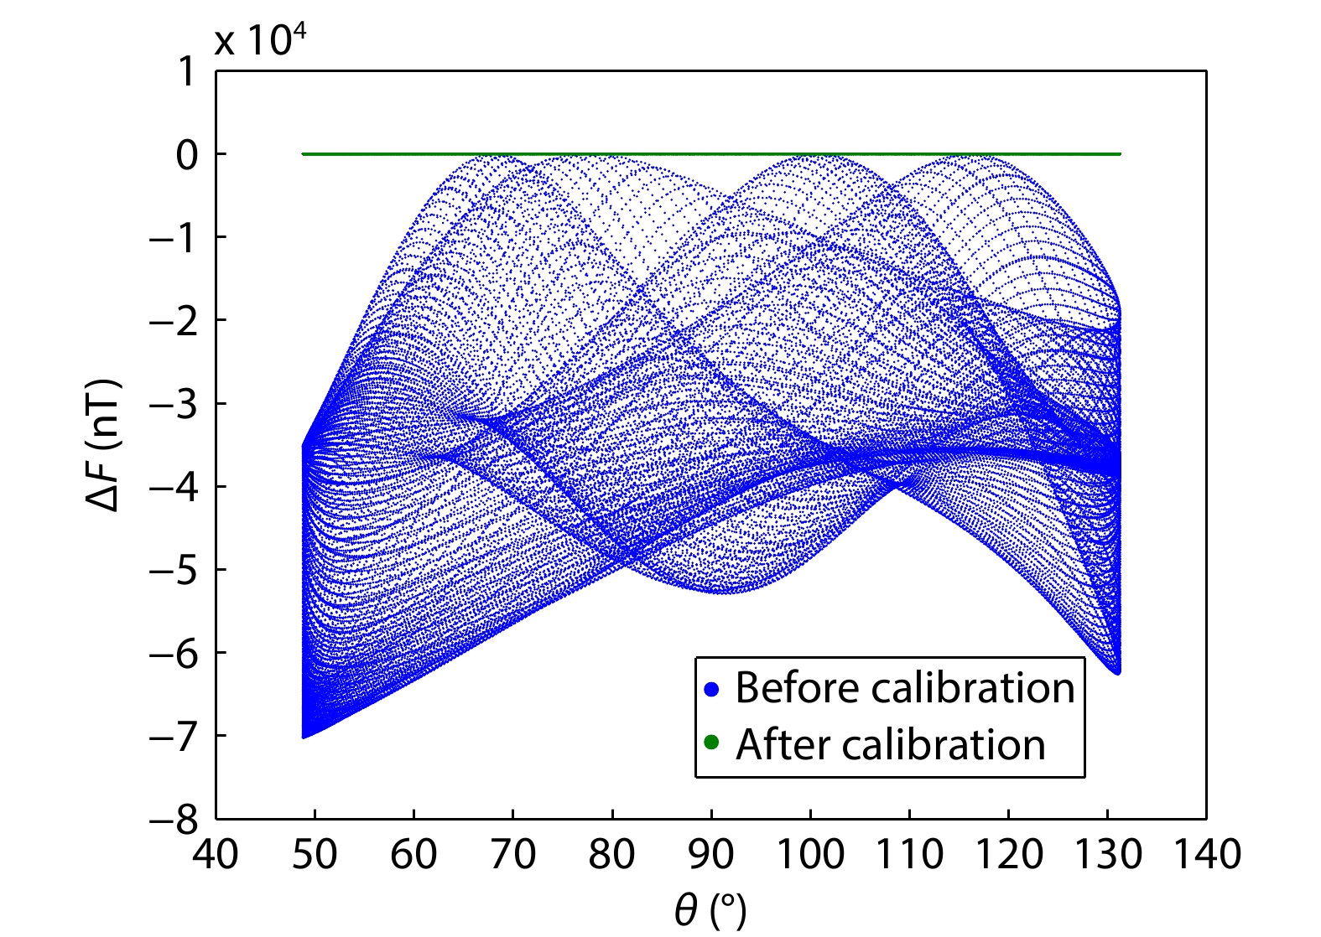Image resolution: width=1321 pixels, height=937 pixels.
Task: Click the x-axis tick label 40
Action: click(x=216, y=855)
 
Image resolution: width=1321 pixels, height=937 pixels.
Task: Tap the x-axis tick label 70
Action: click(x=512, y=855)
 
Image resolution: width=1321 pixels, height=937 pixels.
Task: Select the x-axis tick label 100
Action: click(x=810, y=855)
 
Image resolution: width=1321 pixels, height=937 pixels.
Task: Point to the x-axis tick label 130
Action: click(x=1107, y=855)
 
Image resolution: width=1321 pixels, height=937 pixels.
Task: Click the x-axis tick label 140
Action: click(x=1206, y=855)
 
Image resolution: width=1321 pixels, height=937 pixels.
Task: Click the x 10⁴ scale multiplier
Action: click(x=260, y=39)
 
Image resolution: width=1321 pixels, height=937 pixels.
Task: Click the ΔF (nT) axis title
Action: click(x=104, y=445)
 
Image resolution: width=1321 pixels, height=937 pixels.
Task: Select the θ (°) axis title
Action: click(x=710, y=909)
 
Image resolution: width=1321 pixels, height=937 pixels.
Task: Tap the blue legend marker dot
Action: click(x=713, y=690)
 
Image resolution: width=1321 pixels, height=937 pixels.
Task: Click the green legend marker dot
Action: click(x=713, y=743)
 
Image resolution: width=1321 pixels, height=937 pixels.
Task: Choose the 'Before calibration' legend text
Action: click(x=905, y=688)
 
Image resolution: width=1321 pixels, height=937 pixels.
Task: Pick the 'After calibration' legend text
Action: click(x=891, y=744)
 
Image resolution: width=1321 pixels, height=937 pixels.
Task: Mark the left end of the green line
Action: click(x=303, y=154)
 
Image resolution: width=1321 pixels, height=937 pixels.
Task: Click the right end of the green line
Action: click(x=1120, y=154)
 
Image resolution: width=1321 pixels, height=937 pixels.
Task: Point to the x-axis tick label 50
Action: click(x=315, y=855)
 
